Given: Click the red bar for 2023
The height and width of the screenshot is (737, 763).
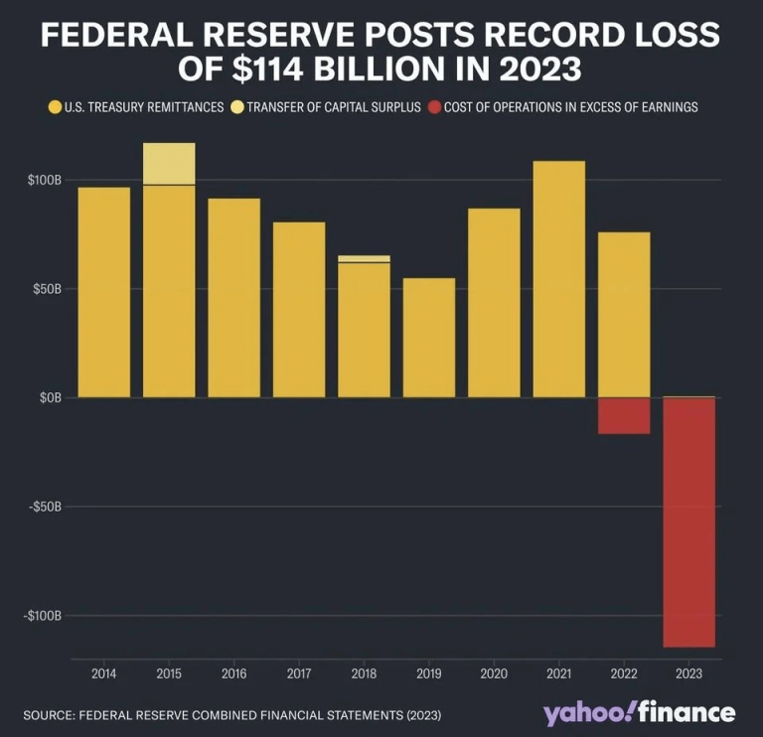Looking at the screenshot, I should point(688,521).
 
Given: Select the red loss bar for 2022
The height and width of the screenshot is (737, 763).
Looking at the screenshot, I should point(624,415).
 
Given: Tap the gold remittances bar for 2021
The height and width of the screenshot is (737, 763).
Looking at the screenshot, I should point(559,279).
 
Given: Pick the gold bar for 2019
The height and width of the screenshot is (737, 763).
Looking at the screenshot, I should point(429,338).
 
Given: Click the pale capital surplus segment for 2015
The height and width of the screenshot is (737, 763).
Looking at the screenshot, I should point(169,164).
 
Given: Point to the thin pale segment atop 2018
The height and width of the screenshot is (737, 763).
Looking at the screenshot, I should point(364,258).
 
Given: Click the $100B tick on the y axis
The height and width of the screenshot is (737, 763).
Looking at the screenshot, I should point(45,181).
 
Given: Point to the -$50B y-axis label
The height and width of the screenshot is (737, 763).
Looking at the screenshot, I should point(44,507).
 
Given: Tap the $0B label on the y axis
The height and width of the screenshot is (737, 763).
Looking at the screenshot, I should point(50,397).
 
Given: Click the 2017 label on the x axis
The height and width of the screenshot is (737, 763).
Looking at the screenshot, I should point(299,674).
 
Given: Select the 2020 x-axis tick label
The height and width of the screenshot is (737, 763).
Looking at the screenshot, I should point(494,674).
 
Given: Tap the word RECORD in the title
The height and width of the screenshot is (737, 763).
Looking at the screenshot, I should point(531,36).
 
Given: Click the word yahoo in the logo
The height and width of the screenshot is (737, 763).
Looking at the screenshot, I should point(583,713).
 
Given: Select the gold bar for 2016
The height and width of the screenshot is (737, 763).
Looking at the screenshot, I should point(233,298).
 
